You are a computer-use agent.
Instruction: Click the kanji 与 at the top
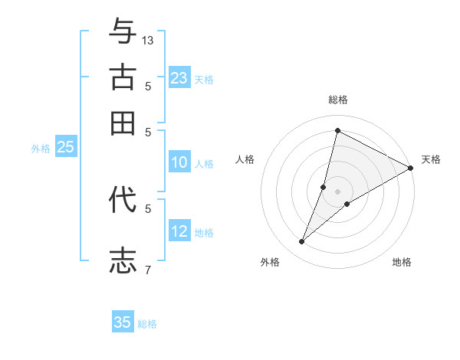[123, 32]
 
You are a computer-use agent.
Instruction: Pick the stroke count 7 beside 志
[148, 270]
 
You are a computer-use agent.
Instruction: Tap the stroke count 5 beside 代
[148, 208]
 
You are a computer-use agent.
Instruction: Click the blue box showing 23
[179, 77]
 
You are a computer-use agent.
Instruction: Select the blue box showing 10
[179, 162]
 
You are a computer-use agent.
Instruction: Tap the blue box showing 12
[179, 231]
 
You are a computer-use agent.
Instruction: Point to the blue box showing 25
[65, 147]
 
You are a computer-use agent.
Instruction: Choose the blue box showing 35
[123, 322]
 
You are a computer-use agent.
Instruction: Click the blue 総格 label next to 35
[147, 324]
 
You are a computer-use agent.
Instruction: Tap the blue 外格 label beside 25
[40, 149]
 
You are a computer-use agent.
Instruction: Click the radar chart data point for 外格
[302, 242]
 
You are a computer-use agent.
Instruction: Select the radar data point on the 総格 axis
[337, 130]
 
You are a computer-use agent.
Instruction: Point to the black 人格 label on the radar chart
[245, 159]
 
